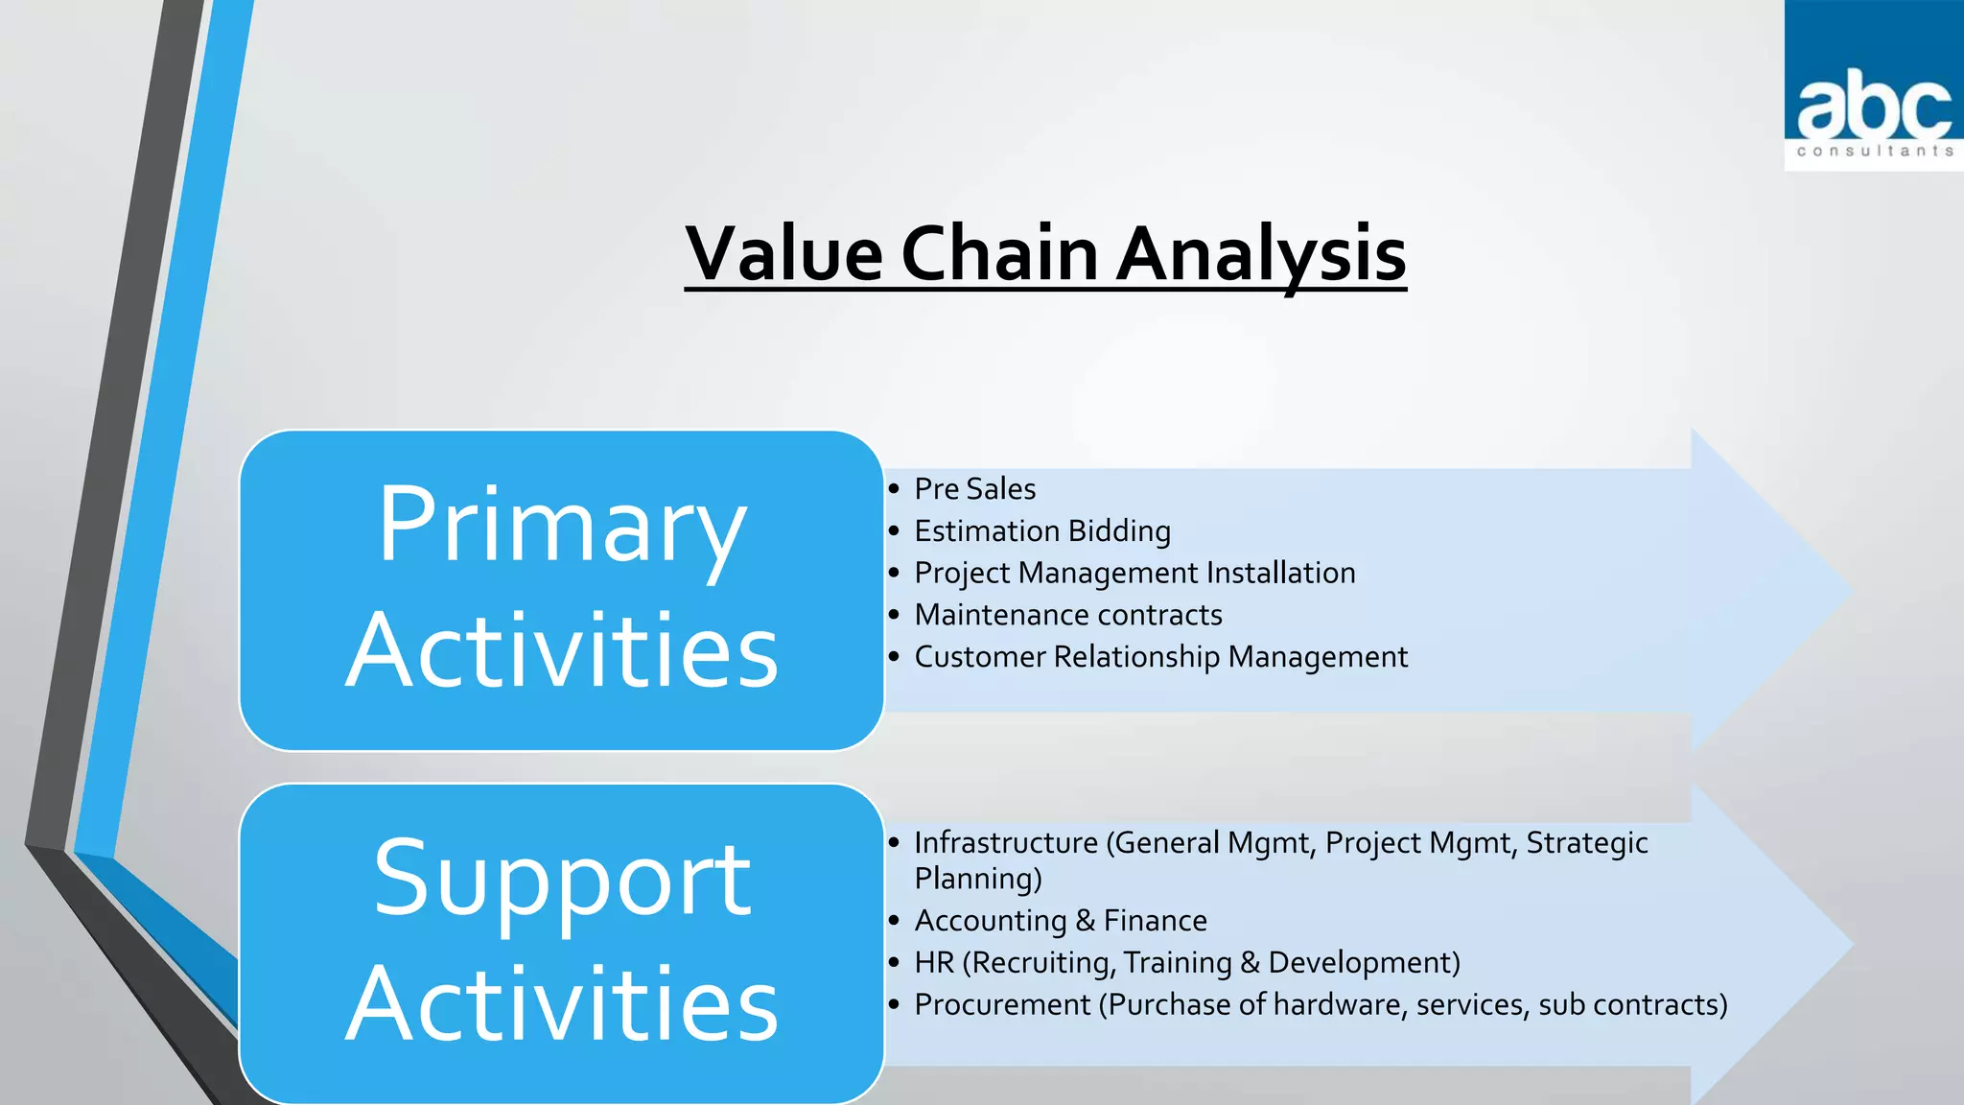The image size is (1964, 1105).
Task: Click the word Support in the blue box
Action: pyautogui.click(x=562, y=878)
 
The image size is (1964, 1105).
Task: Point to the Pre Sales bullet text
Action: pyautogui.click(x=974, y=489)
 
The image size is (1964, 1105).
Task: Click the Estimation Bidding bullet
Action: pyautogui.click(x=1041, y=531)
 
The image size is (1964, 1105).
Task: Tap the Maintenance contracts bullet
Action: pyautogui.click(x=1067, y=615)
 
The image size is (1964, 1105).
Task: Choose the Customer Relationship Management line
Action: pyautogui.click(x=1160, y=657)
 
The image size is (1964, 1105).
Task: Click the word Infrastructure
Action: pyautogui.click(x=1005, y=843)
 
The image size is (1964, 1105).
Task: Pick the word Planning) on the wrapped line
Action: pyautogui.click(x=977, y=879)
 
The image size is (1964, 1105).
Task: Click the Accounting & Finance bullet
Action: pyautogui.click(x=1060, y=921)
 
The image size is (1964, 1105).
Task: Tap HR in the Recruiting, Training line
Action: pyautogui.click(x=934, y=963)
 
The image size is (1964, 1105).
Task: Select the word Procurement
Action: pyautogui.click(x=1002, y=1005)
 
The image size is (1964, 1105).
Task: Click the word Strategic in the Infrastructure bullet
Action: pyautogui.click(x=1586, y=843)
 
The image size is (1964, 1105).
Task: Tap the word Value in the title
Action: pyautogui.click(x=784, y=254)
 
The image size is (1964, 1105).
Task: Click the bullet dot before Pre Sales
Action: pyautogui.click(x=894, y=489)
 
